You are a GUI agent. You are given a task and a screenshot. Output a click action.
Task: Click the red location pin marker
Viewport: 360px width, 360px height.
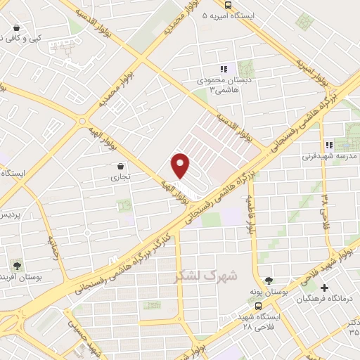181,165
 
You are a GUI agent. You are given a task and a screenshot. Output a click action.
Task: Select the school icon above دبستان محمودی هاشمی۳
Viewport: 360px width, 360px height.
223,69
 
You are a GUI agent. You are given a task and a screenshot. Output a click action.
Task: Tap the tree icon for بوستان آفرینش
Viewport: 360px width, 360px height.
15,266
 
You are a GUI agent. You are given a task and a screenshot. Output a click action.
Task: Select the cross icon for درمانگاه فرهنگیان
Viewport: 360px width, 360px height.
324,288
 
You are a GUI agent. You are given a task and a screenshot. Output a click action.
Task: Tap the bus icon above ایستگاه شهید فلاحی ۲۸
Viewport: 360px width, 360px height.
259,307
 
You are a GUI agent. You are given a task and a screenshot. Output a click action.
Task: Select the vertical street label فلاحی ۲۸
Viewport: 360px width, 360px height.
325,195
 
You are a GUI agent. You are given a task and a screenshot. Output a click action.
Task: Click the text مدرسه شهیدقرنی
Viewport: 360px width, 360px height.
330,156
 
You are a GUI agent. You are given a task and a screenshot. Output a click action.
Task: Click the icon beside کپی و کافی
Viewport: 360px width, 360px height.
15,28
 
